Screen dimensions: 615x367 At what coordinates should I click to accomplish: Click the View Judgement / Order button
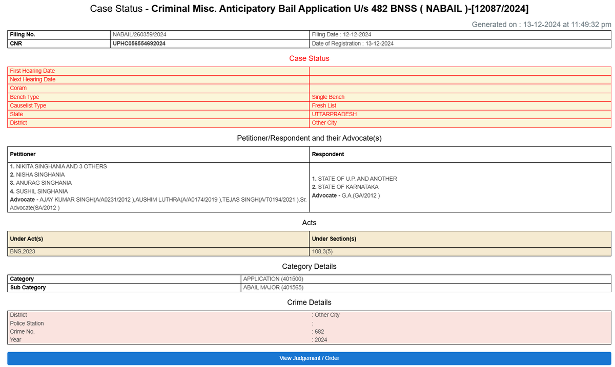click(309, 358)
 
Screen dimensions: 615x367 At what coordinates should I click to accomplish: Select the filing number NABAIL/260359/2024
click(139, 35)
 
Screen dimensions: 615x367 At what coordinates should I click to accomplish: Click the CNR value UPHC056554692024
click(139, 44)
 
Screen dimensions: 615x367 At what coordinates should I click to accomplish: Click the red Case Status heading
click(309, 58)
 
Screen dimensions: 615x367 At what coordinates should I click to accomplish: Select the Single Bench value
click(328, 97)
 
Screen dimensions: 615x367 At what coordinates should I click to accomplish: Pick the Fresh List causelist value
click(324, 105)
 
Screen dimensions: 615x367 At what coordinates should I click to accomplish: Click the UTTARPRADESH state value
click(334, 114)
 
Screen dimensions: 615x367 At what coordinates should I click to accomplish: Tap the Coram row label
click(18, 88)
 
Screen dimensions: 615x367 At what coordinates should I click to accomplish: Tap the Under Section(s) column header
click(334, 239)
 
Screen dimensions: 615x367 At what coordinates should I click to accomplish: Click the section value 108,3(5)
click(322, 251)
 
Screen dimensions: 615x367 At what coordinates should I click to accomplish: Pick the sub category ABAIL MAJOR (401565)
click(273, 288)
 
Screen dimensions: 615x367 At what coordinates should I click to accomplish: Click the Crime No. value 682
click(319, 332)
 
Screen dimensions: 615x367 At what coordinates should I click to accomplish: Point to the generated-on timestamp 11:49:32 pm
click(591, 25)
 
